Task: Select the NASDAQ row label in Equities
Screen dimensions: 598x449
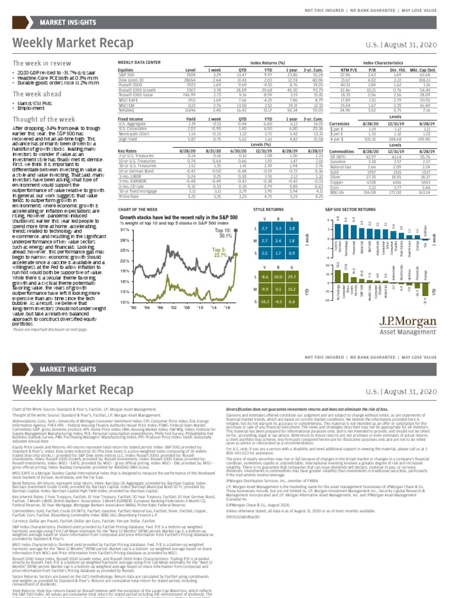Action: (x=126, y=109)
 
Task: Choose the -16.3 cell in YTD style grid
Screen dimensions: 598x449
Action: (x=266, y=301)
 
